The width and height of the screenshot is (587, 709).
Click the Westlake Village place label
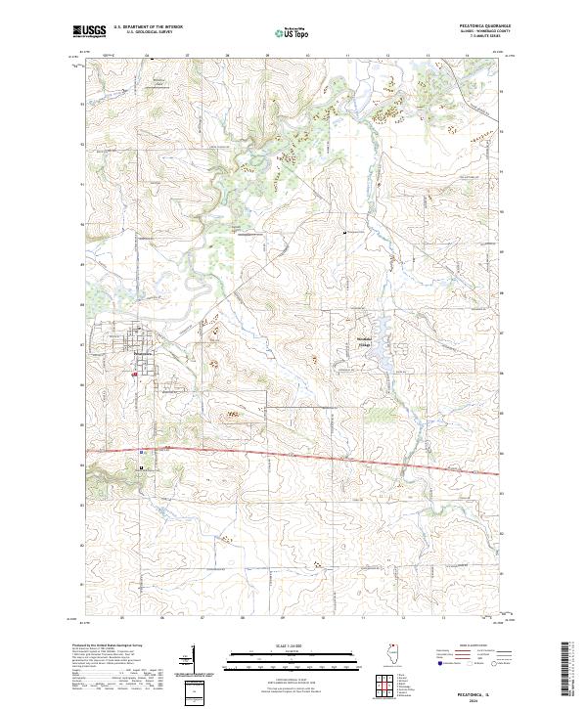(x=364, y=342)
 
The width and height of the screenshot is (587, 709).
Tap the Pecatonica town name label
(x=143, y=354)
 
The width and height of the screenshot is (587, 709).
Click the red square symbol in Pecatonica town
(x=134, y=373)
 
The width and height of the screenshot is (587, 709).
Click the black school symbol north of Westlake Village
(x=351, y=231)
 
